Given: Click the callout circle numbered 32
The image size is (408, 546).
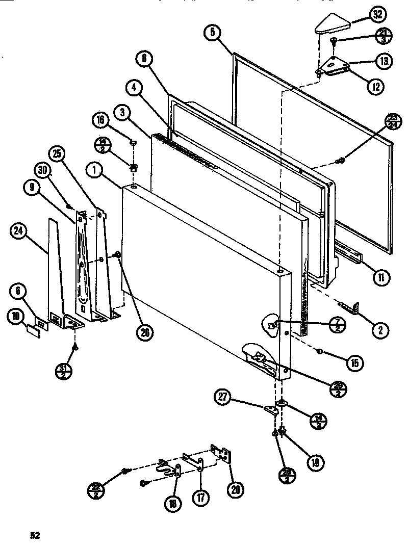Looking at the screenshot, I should (x=377, y=14).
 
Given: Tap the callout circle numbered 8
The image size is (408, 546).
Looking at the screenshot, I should (x=144, y=59).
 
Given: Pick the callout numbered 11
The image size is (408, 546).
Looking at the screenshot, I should (x=380, y=278).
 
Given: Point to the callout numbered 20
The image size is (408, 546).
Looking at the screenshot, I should (x=236, y=489).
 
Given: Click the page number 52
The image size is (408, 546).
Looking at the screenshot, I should (x=34, y=535).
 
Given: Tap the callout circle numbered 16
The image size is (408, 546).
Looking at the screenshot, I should (x=100, y=120).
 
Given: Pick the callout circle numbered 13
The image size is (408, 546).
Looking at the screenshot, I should (x=385, y=61).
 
